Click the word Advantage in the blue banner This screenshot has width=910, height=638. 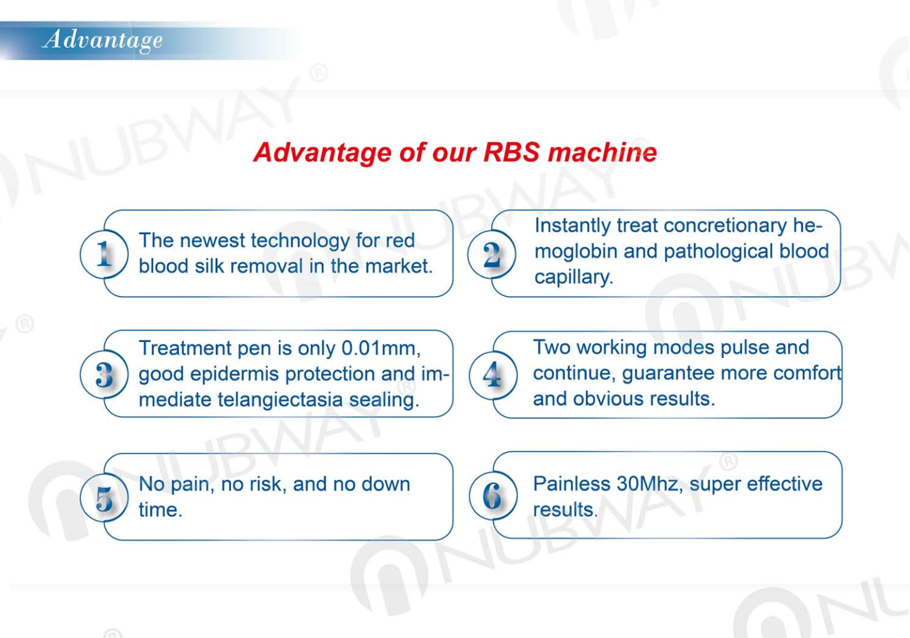click(x=103, y=40)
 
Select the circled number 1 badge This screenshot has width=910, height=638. click(x=104, y=254)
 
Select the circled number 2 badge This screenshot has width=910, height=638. click(x=491, y=254)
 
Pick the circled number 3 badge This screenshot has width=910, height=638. click(x=104, y=375)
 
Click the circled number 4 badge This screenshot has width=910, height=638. click(x=492, y=375)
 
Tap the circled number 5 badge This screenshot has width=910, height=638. click(x=104, y=498)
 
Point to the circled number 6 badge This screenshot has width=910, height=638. click(x=492, y=496)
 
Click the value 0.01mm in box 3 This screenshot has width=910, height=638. click(x=380, y=348)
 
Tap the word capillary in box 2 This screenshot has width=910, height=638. click(x=573, y=278)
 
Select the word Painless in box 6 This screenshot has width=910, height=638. click(x=571, y=484)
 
